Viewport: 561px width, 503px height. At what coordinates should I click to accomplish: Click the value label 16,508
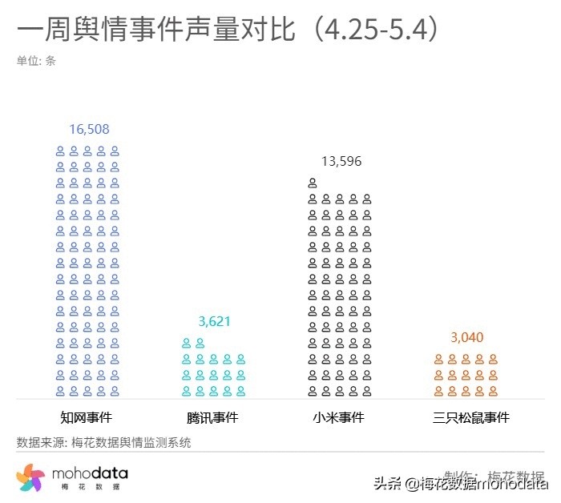point(89,129)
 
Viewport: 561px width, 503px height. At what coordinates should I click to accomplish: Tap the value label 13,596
point(341,161)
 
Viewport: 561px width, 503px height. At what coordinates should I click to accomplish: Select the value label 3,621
point(214,321)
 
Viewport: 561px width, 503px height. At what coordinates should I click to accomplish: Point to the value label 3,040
point(466,337)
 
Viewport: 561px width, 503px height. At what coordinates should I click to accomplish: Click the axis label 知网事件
point(87,417)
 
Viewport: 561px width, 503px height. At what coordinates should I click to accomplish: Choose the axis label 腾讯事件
point(212,417)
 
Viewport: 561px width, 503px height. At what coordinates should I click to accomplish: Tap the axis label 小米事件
point(339,417)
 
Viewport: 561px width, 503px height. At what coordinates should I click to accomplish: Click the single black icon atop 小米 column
point(313,183)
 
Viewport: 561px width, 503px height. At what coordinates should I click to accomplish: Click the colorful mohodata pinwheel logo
point(30,478)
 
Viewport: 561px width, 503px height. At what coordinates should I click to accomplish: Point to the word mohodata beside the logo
point(90,473)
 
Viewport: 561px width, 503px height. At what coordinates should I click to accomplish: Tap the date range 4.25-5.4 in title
point(377,30)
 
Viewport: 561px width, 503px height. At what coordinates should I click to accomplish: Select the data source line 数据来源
point(103,442)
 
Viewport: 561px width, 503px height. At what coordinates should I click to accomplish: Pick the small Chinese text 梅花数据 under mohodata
point(89,488)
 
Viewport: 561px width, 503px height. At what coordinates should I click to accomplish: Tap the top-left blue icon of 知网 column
point(60,151)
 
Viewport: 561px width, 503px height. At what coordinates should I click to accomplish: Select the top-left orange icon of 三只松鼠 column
point(438,359)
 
